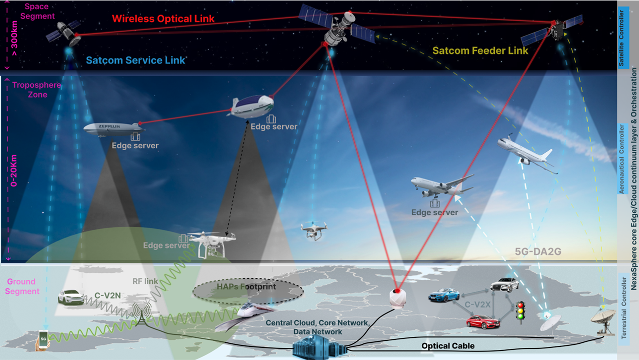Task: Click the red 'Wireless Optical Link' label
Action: (163, 19)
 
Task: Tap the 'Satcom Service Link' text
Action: (136, 61)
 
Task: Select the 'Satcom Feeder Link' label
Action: (480, 50)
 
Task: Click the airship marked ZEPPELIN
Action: (113, 129)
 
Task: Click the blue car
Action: (444, 295)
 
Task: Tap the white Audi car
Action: (504, 285)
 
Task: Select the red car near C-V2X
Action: (483, 321)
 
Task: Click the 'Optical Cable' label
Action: (448, 346)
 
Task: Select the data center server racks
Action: (319, 347)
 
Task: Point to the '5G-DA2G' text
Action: (538, 252)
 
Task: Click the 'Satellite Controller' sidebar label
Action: (623, 38)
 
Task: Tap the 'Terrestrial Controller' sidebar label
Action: (623, 308)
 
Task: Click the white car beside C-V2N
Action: (71, 297)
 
